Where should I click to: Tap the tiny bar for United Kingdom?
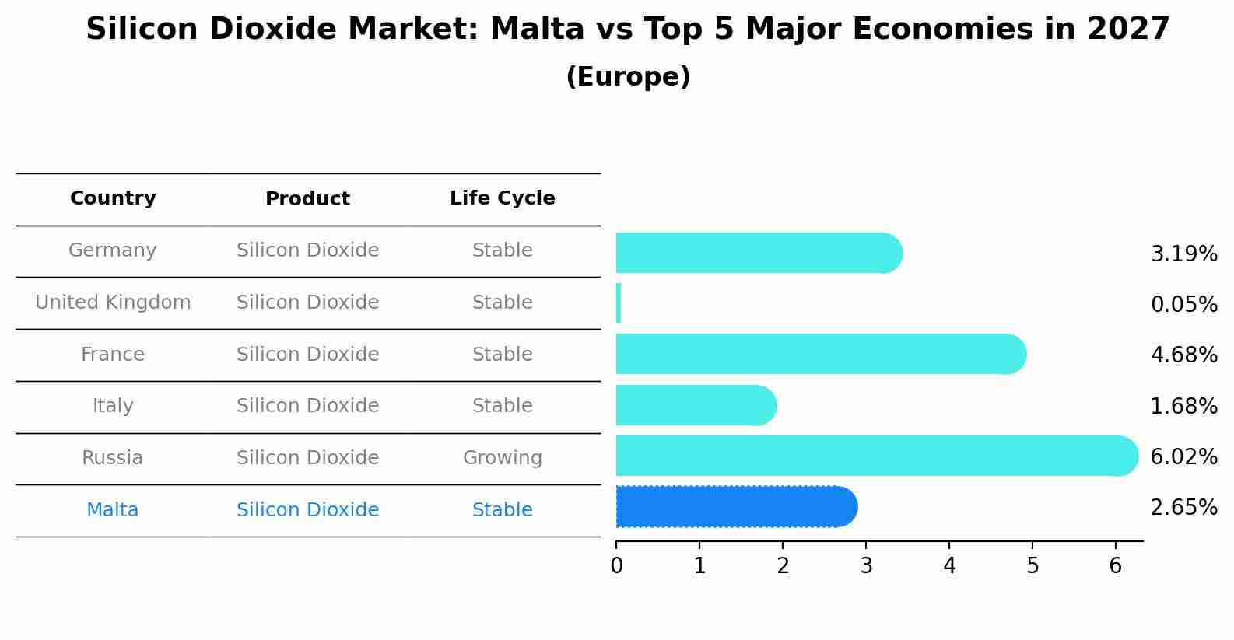pyautogui.click(x=619, y=303)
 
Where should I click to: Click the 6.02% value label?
pyautogui.click(x=1183, y=456)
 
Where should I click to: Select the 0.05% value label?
pyautogui.click(x=1183, y=304)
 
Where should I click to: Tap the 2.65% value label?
pyautogui.click(x=1183, y=508)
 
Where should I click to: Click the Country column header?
pyautogui.click(x=113, y=198)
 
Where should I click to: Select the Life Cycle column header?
pyautogui.click(x=502, y=198)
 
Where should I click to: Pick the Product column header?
pyautogui.click(x=307, y=199)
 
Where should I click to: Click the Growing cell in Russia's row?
pyautogui.click(x=502, y=458)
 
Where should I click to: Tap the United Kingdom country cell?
pyautogui.click(x=113, y=303)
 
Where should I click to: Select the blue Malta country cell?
pyautogui.click(x=113, y=510)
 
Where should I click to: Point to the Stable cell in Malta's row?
pyautogui.click(x=502, y=510)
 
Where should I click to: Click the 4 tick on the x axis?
pyautogui.click(x=949, y=565)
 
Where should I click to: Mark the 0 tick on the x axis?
pyautogui.click(x=616, y=565)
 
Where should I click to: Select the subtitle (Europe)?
pyautogui.click(x=628, y=77)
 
